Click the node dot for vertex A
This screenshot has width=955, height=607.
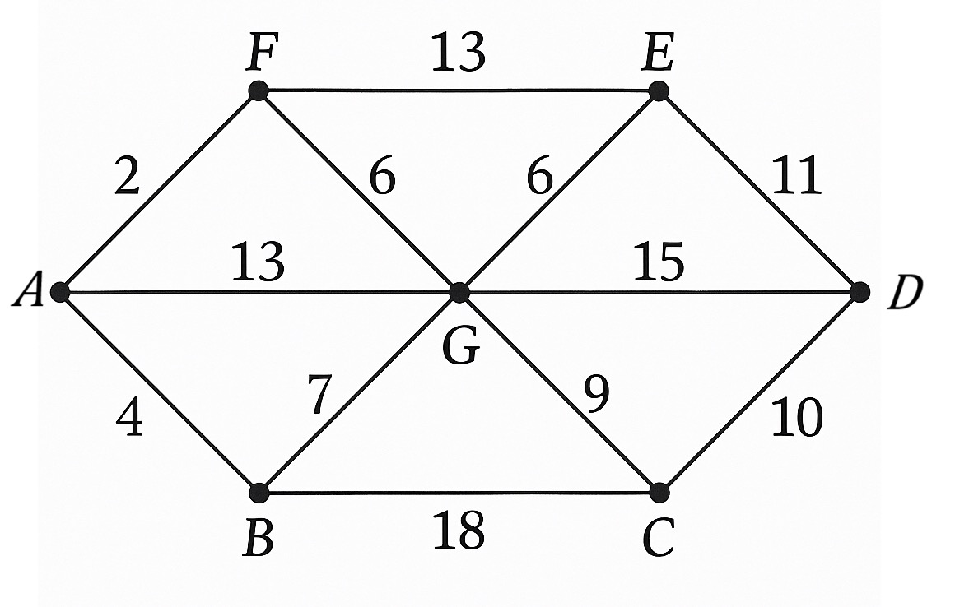(x=59, y=292)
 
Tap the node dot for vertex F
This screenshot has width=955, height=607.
(x=259, y=91)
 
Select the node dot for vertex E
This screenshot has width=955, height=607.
(x=659, y=91)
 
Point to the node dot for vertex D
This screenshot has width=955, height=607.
(x=859, y=292)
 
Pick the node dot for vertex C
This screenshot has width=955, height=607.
(x=659, y=492)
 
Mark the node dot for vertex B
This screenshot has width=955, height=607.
(x=259, y=492)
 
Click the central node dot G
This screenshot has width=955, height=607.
(x=460, y=292)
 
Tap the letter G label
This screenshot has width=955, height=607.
(x=460, y=348)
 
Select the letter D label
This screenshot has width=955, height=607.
(x=905, y=293)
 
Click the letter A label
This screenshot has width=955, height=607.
(x=28, y=290)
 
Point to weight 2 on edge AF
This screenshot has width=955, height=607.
(x=127, y=176)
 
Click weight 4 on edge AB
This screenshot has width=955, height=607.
(x=130, y=419)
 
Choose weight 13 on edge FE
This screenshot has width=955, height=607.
(x=458, y=53)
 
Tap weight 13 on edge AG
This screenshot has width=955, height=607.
(x=258, y=262)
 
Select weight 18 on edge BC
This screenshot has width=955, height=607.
(x=459, y=530)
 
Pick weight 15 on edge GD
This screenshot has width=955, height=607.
(x=659, y=262)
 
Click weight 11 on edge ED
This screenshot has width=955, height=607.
(x=797, y=176)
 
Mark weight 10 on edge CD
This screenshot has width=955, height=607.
(x=797, y=419)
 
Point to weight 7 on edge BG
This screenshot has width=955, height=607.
(x=319, y=394)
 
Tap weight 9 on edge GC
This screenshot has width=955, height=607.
(x=596, y=394)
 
